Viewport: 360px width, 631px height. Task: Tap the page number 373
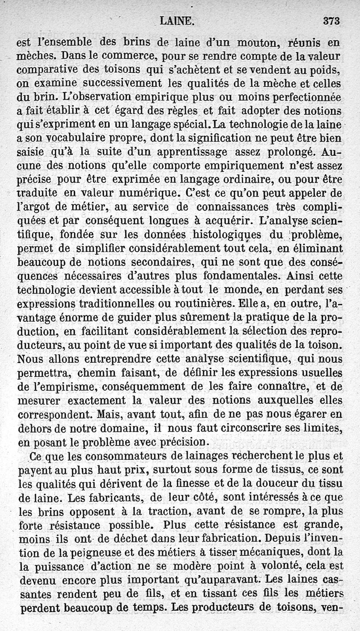[x=331, y=20]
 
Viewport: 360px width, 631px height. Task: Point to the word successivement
[x=117, y=84]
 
